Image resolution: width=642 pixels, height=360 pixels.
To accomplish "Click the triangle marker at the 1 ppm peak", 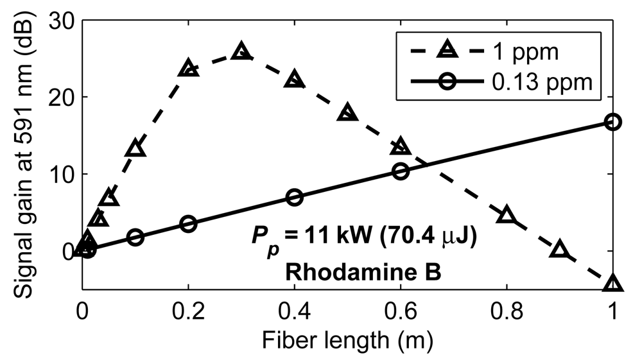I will click(x=241, y=51).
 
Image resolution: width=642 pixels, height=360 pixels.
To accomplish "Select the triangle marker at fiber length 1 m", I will click(x=613, y=284).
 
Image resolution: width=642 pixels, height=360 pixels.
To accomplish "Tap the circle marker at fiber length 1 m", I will click(x=613, y=122).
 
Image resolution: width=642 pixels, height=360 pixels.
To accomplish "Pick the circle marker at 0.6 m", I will click(x=401, y=171).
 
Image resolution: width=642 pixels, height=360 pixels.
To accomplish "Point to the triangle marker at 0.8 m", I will click(x=507, y=215).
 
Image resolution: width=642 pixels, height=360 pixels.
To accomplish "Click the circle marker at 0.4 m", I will click(x=294, y=197).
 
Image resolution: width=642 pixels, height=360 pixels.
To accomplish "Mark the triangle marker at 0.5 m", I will click(x=347, y=112).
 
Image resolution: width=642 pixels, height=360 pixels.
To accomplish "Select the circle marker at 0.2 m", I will click(x=188, y=223).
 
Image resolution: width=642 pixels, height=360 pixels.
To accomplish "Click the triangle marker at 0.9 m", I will click(x=560, y=250).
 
